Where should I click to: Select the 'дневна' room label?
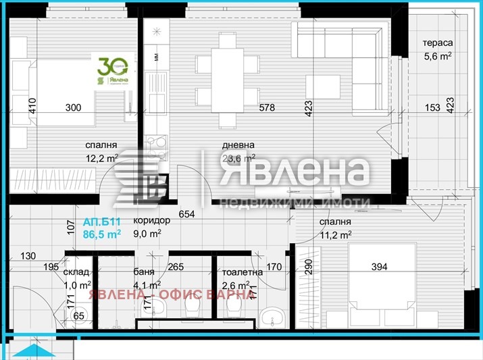(x=238, y=145)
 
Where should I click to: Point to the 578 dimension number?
(x=269, y=107)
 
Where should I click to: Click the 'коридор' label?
(x=147, y=221)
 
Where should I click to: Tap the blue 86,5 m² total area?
(x=102, y=234)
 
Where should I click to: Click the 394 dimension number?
(x=380, y=267)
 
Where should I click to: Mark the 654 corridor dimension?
(x=187, y=215)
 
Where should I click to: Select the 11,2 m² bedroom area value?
(x=336, y=235)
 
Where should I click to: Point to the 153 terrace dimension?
(x=433, y=107)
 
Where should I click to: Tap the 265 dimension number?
(x=176, y=267)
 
